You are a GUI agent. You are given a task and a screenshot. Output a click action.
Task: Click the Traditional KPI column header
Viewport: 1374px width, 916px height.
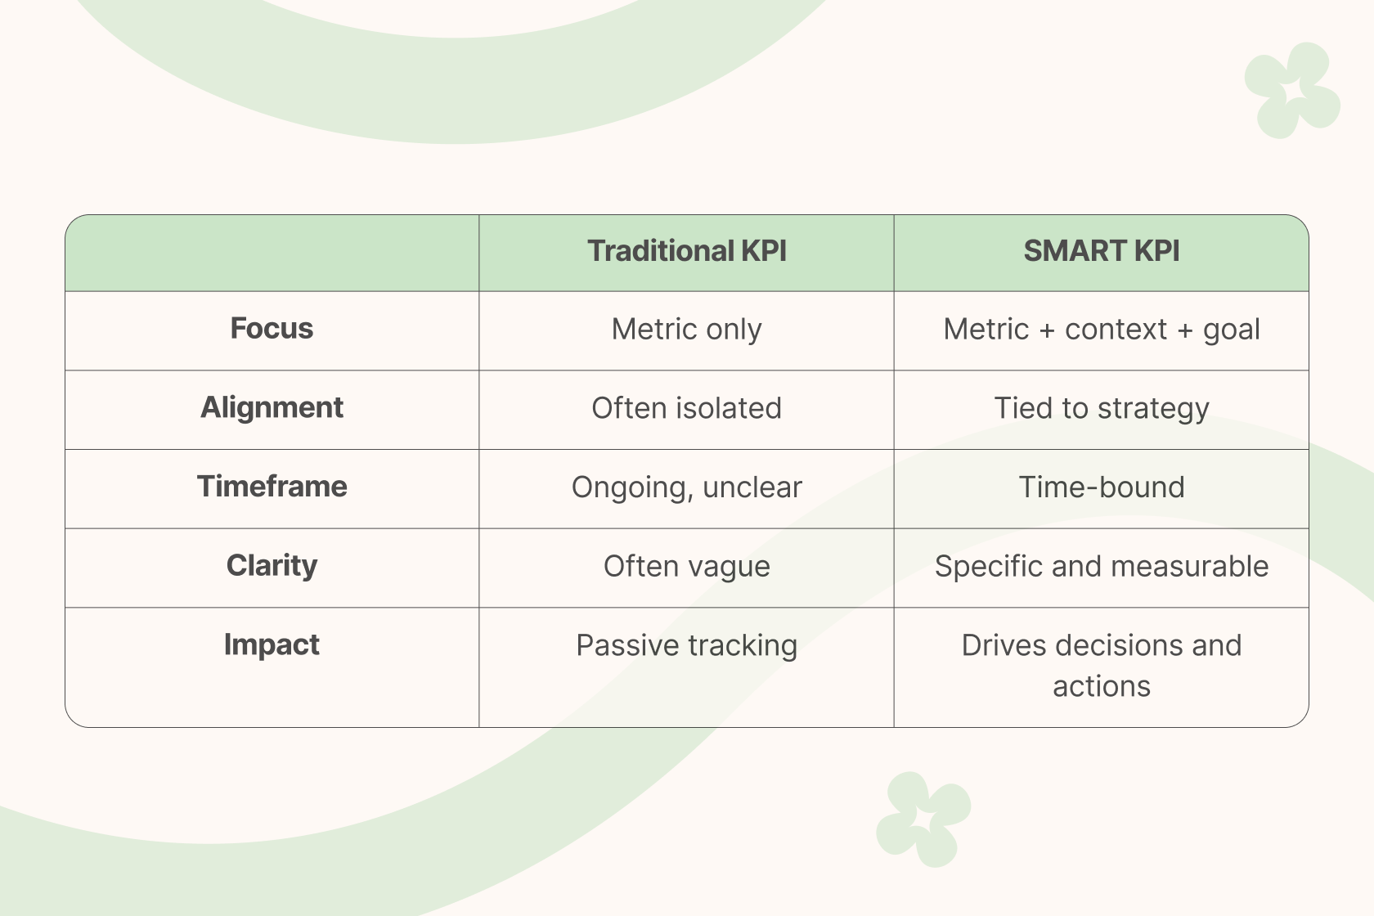(686, 251)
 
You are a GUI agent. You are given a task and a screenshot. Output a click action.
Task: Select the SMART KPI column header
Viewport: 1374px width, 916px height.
(1101, 251)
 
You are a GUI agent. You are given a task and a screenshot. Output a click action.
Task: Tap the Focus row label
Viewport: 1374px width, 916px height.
(272, 328)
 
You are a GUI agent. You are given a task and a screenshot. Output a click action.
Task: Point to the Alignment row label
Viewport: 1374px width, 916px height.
(272, 408)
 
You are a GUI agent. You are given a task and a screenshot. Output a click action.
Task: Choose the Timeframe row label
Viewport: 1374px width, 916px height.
(272, 487)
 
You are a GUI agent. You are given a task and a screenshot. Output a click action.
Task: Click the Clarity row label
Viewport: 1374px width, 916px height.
(272, 566)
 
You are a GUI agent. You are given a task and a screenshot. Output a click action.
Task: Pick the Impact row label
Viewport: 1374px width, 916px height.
(272, 644)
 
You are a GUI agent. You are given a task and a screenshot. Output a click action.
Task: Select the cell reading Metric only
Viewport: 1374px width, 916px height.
(686, 330)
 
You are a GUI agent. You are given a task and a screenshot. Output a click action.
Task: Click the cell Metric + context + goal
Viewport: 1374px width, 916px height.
(1101, 330)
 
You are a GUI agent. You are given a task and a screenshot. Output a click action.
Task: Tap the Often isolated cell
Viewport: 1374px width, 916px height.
(686, 408)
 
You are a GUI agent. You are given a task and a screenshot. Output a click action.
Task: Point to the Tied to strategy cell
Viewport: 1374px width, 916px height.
(1101, 409)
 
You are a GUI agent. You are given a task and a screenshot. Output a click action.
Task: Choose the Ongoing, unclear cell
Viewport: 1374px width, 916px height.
(686, 487)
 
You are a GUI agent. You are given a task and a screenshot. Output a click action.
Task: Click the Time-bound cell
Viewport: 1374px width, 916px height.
(1101, 487)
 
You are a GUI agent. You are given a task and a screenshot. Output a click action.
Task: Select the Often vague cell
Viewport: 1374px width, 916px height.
(686, 567)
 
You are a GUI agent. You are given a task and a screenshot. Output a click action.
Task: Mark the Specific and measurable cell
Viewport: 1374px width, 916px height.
(1101, 566)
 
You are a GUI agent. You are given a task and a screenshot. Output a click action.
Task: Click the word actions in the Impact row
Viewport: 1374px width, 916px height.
(1101, 686)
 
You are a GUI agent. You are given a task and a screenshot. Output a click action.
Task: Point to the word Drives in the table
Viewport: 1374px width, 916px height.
(1004, 645)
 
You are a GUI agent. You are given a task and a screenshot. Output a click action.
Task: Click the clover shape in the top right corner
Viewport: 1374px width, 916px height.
(1292, 90)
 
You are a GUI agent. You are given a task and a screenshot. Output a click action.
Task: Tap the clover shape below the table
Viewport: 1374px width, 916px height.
(923, 819)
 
